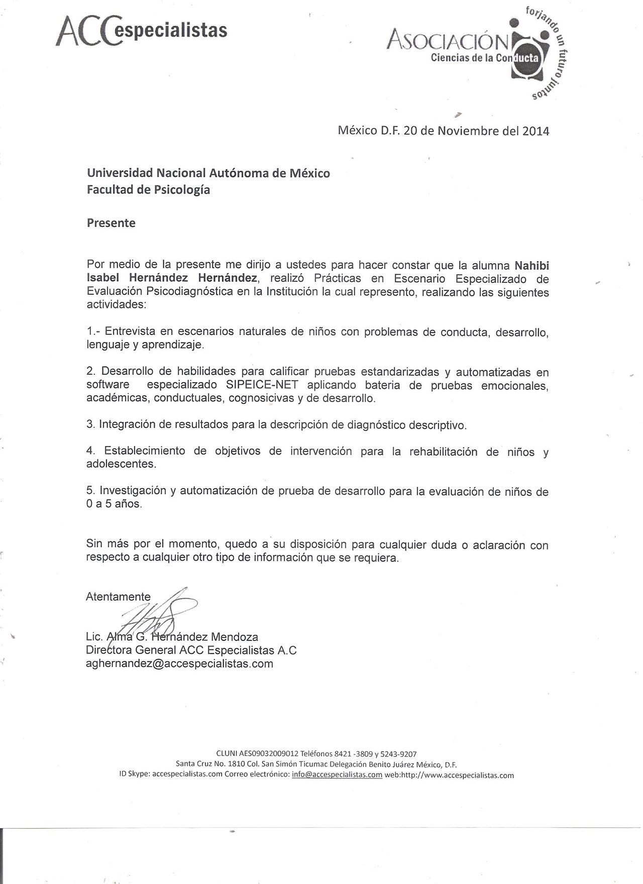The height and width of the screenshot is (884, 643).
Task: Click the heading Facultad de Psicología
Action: click(x=148, y=190)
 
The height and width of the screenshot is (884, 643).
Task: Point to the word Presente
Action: click(x=111, y=223)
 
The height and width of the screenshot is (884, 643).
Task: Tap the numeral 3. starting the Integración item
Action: click(x=90, y=424)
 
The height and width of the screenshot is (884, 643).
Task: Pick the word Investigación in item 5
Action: click(x=133, y=491)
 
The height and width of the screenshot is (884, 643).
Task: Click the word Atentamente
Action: click(x=118, y=597)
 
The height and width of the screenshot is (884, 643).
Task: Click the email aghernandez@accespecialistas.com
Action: click(x=179, y=664)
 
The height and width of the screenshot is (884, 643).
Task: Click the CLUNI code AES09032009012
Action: click(x=271, y=754)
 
